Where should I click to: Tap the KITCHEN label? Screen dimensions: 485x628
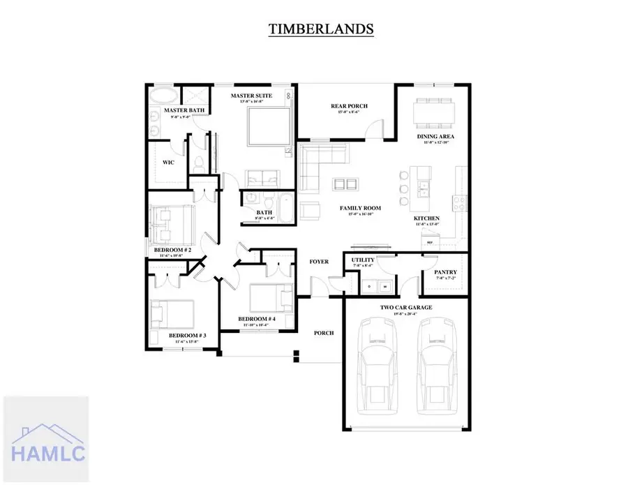click(426, 219)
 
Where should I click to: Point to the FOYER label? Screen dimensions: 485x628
click(319, 262)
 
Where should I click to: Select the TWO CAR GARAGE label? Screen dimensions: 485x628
click(405, 307)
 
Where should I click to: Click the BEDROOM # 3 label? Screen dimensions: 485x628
click(188, 336)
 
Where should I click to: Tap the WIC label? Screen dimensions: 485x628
click(168, 162)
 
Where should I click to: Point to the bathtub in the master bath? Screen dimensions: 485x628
click(165, 95)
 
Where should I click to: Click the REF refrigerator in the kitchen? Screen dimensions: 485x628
click(431, 241)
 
